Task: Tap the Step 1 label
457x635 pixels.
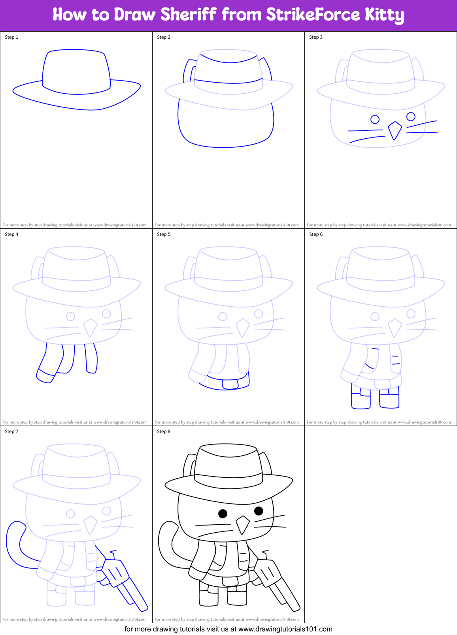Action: (11, 37)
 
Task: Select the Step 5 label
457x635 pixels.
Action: (164, 234)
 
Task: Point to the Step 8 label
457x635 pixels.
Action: (164, 431)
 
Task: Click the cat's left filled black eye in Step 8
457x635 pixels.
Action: (223, 513)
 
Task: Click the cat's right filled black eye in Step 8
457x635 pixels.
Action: (259, 511)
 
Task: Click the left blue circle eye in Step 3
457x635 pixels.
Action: (375, 119)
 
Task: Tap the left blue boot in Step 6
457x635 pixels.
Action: (361, 399)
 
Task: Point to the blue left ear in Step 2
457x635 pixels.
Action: (189, 71)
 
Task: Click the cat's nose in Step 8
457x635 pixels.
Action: (242, 524)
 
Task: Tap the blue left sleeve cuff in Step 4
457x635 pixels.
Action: (45, 376)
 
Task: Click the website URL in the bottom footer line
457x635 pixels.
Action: (285, 629)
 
